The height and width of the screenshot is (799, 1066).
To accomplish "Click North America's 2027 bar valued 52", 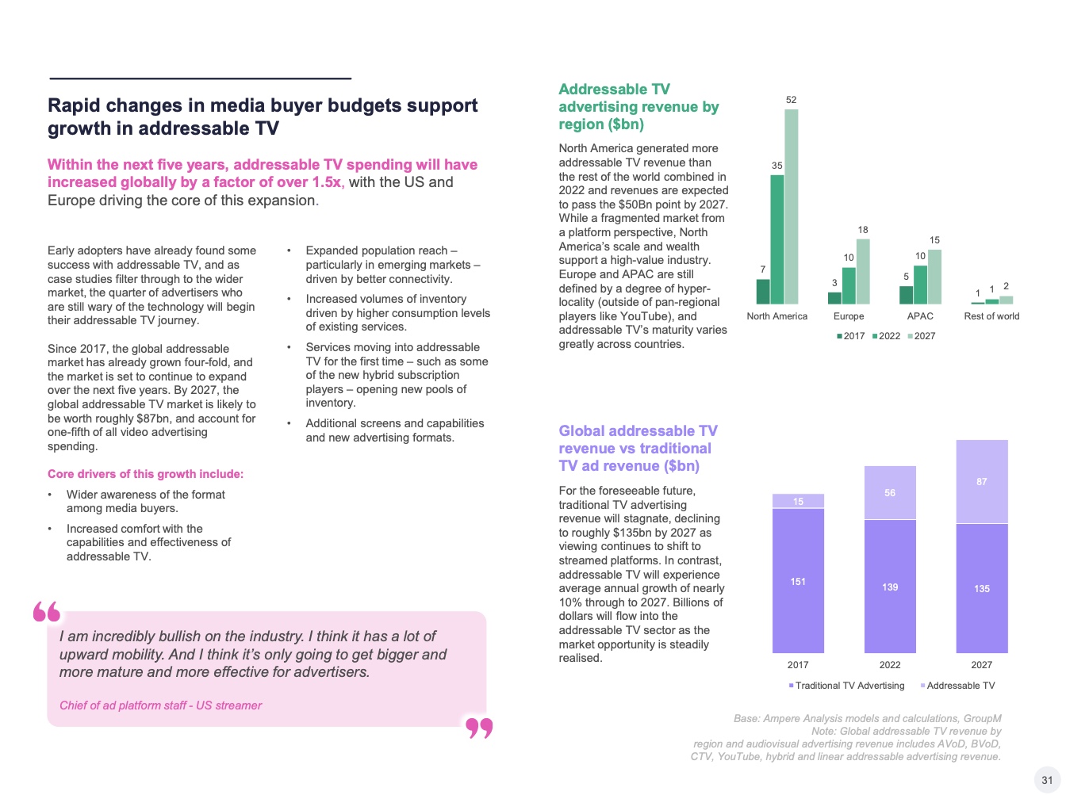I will tap(792, 206).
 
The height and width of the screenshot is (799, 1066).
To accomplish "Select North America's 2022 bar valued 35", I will tap(777, 239).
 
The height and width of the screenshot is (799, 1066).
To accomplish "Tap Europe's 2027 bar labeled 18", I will tap(863, 271).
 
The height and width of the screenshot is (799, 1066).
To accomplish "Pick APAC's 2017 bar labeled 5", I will tap(906, 295).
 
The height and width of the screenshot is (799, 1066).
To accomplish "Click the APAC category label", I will tap(920, 316).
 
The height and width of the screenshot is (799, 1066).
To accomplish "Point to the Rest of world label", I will tap(991, 316).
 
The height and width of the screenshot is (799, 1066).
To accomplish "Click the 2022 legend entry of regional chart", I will tap(886, 336).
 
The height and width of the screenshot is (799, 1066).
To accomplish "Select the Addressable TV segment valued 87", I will tap(982, 481).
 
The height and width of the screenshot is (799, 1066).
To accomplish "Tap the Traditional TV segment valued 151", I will tap(798, 581).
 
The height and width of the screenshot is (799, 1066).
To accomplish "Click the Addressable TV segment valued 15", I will tap(798, 501).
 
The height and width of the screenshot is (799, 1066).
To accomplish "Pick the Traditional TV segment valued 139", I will tap(890, 587).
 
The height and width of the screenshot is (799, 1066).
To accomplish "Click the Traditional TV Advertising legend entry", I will tap(846, 686).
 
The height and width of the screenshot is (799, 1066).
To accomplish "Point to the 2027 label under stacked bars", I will tap(982, 665).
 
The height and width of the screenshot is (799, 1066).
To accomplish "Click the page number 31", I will tap(1047, 780).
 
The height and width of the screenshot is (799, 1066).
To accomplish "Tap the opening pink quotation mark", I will tap(47, 612).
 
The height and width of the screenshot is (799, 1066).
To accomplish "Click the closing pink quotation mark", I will tap(479, 728).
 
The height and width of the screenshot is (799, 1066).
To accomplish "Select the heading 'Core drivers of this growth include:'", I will tap(146, 474).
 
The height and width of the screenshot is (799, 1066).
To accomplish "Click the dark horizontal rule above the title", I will tap(200, 78).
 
